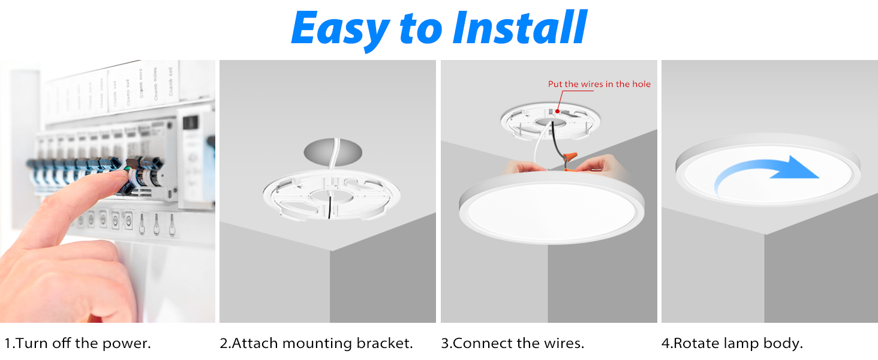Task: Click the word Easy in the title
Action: click(x=339, y=28)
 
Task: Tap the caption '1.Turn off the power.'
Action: click(x=77, y=344)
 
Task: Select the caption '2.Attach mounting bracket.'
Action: click(x=316, y=344)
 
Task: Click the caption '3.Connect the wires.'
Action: click(x=512, y=344)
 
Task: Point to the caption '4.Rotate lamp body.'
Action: click(x=732, y=344)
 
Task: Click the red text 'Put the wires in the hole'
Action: click(x=599, y=84)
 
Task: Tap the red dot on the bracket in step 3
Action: click(x=558, y=111)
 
